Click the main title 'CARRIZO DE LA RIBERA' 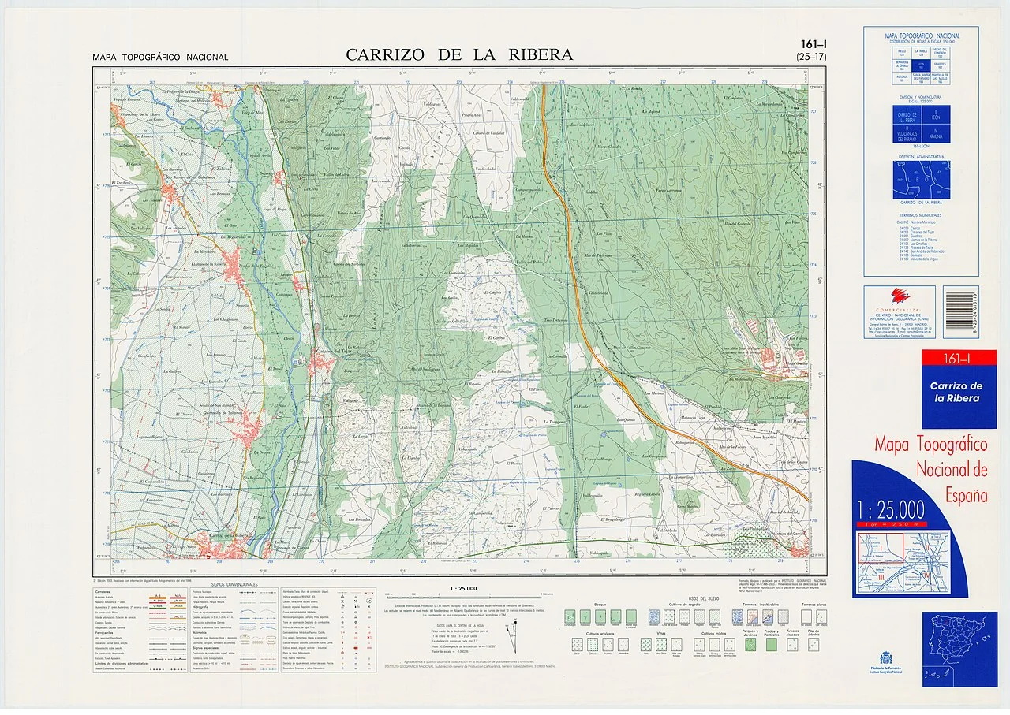pos(459,54)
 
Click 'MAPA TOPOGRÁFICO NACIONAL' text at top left pos(160,58)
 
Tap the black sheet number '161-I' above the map pos(813,45)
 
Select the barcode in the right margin pos(960,311)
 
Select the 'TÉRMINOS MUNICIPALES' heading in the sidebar pos(921,214)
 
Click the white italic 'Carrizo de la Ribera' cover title pos(956,392)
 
